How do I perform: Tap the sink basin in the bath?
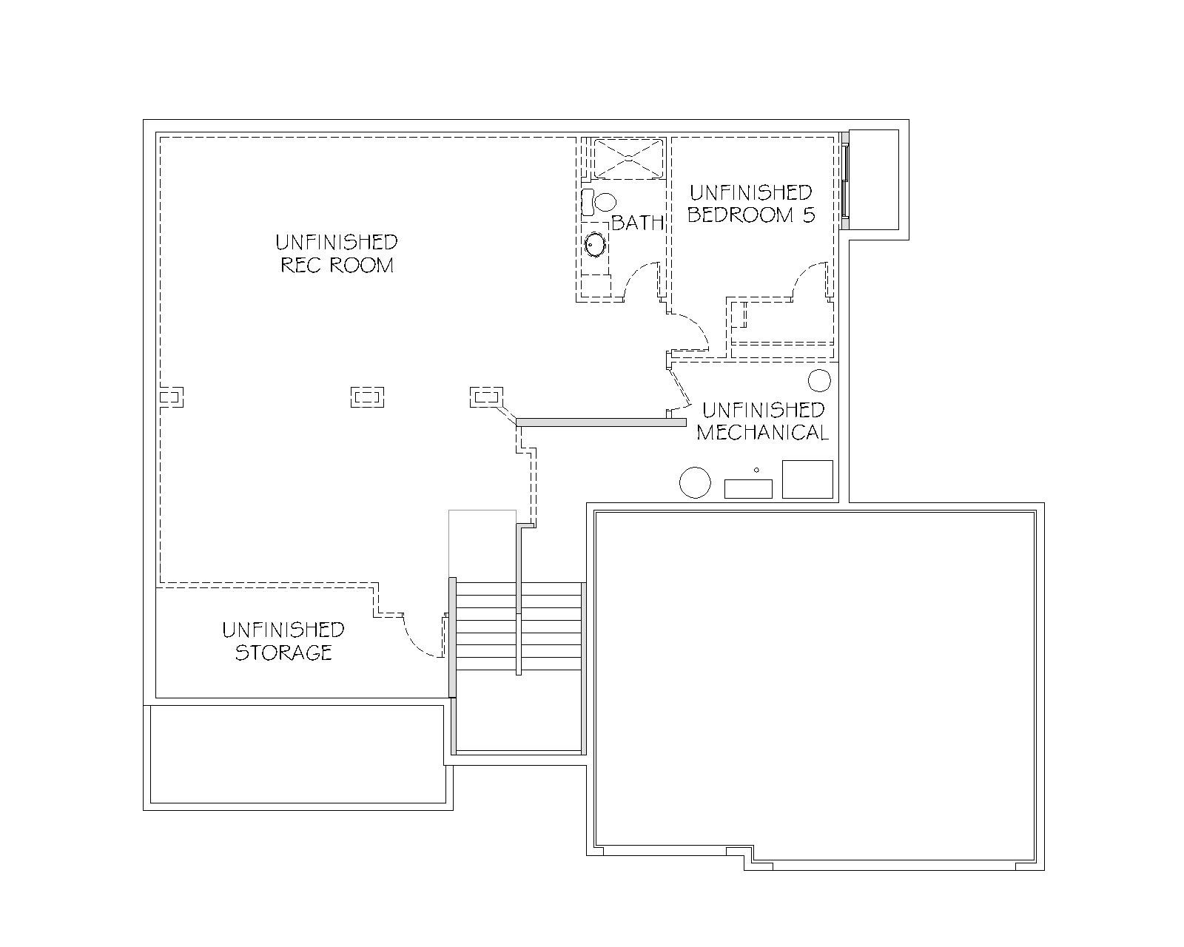click(595, 243)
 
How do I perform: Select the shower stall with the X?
click(629, 158)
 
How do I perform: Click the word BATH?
click(638, 222)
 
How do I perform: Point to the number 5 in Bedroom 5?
click(808, 215)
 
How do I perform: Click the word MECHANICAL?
click(762, 433)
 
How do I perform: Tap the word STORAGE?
click(283, 652)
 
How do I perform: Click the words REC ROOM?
click(337, 265)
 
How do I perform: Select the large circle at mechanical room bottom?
click(695, 482)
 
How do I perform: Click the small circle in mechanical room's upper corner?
click(819, 380)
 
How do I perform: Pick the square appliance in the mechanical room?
click(807, 479)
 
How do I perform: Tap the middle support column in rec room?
click(367, 397)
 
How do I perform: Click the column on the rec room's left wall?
click(171, 397)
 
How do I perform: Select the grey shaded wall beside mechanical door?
click(601, 422)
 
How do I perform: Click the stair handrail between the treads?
click(518, 600)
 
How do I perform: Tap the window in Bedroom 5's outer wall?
click(846, 181)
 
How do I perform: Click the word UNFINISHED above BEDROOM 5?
click(750, 192)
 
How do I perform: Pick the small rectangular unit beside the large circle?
click(748, 488)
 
